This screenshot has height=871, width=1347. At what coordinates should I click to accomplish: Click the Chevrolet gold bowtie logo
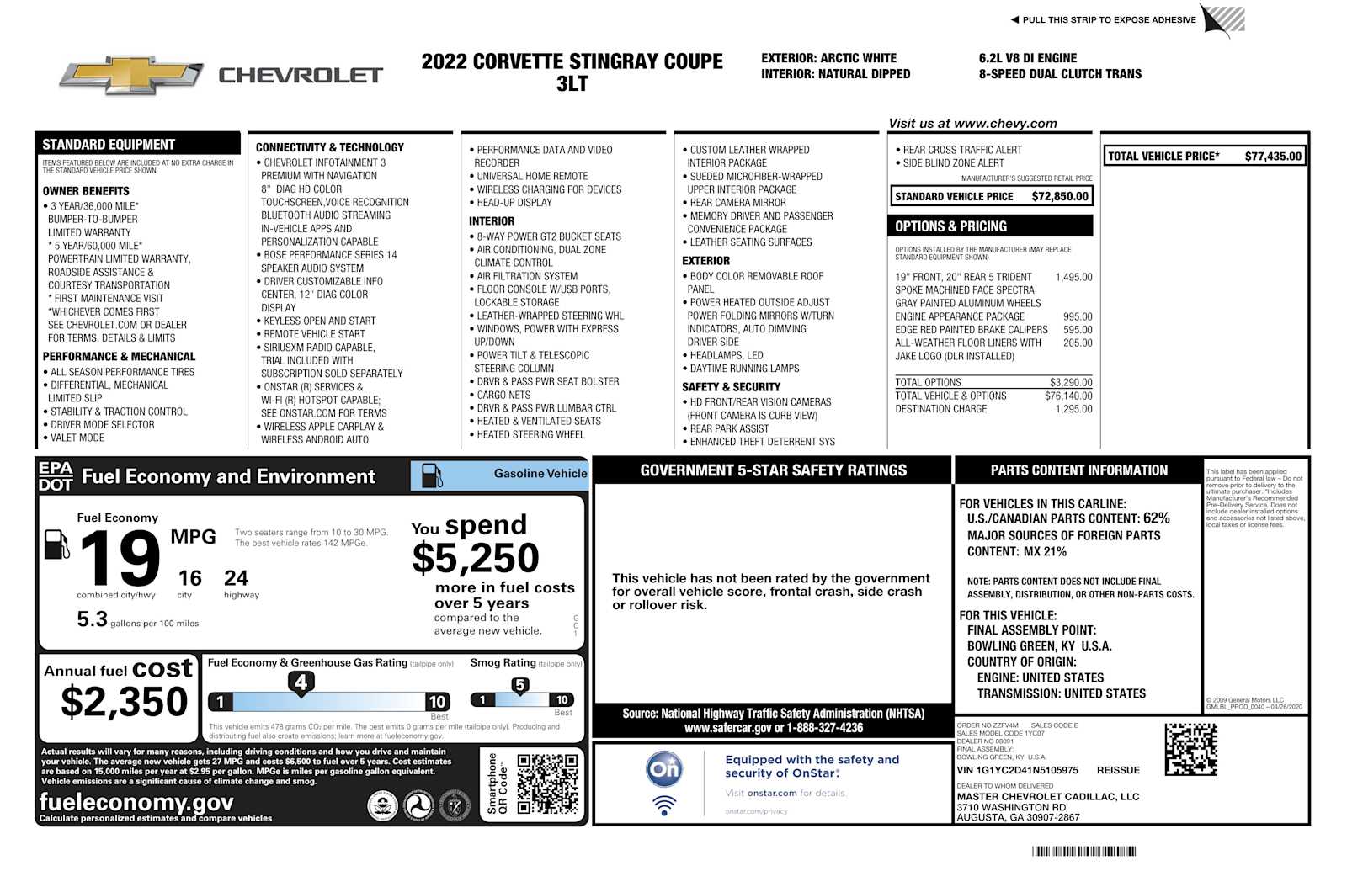[x=131, y=76]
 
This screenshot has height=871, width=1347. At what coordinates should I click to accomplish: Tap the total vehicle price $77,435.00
[x=1272, y=157]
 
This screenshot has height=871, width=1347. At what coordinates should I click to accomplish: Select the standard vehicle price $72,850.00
[x=1060, y=197]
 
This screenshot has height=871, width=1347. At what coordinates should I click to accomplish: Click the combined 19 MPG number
[x=120, y=558]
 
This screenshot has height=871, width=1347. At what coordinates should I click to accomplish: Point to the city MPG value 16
[x=189, y=578]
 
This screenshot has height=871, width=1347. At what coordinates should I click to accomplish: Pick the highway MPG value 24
[x=236, y=578]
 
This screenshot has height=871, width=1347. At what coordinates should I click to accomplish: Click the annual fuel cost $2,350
[x=124, y=702]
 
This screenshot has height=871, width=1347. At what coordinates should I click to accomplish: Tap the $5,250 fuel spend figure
[x=476, y=558]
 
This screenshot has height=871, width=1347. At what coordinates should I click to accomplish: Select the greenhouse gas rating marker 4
[x=301, y=682]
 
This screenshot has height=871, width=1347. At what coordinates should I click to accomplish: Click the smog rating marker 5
[x=520, y=686]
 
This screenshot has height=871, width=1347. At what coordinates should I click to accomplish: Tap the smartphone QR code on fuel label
[x=547, y=783]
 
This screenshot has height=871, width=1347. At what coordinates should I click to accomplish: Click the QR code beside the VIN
[x=1190, y=749]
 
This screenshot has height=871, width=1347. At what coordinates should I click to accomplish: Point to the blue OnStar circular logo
[x=664, y=768]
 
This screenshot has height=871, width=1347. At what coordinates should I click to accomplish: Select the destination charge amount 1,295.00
[x=1073, y=410]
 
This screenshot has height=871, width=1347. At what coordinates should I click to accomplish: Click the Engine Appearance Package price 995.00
[x=1077, y=317]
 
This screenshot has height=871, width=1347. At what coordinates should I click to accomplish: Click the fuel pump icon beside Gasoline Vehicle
[x=432, y=475]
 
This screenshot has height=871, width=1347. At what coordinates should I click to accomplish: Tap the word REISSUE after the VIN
[x=1118, y=771]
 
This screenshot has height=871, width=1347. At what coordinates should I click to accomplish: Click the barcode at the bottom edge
[x=1083, y=852]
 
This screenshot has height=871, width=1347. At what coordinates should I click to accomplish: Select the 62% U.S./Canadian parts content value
[x=1156, y=518]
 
